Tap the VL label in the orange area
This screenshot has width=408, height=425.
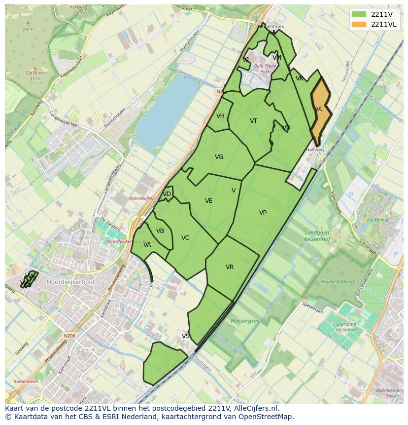[320, 109]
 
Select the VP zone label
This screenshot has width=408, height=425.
[263, 213]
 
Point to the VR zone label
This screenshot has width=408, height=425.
[230, 267]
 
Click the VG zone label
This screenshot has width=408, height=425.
[219, 157]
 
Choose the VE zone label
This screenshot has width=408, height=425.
[209, 201]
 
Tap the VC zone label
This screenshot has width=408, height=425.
[185, 238]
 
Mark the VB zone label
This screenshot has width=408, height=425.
[160, 231]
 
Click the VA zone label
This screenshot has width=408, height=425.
[147, 245]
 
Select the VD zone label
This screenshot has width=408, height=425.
[167, 194]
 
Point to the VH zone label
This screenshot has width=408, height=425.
[220, 116]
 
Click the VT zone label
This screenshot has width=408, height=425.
[253, 121]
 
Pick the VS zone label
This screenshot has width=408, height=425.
[186, 336]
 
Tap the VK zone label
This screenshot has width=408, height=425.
[300, 78]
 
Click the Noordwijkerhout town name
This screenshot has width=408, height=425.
[70, 281]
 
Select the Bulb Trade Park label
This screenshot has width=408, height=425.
[265, 69]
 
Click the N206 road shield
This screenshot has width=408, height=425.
[69, 336]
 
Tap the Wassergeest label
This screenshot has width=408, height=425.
[246, 321]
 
